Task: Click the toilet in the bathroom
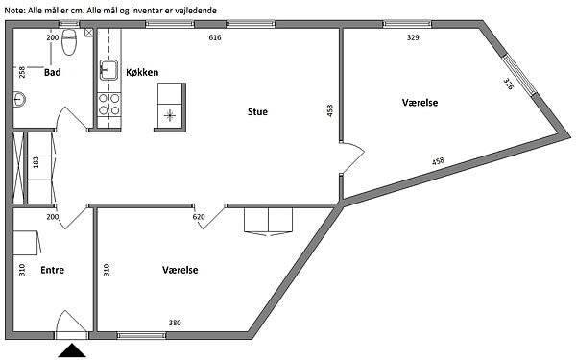tap(69, 42)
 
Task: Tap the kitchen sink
tap(108, 70)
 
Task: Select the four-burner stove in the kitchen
tap(109, 104)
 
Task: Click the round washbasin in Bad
tap(19, 99)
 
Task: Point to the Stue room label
tap(257, 111)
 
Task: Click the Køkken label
tap(142, 72)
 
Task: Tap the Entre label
tap(52, 270)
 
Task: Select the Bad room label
tap(52, 72)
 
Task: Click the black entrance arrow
tap(72, 350)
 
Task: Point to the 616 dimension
tap(215, 37)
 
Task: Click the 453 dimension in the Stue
tap(329, 111)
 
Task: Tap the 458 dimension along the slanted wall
tap(438, 161)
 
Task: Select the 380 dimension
tap(175, 323)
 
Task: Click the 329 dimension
tap(413, 37)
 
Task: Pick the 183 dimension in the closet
tap(36, 162)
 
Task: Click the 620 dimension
tap(199, 217)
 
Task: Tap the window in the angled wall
tap(519, 75)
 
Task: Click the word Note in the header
tap(14, 11)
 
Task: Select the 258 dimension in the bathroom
tap(22, 72)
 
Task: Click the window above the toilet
tap(69, 24)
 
